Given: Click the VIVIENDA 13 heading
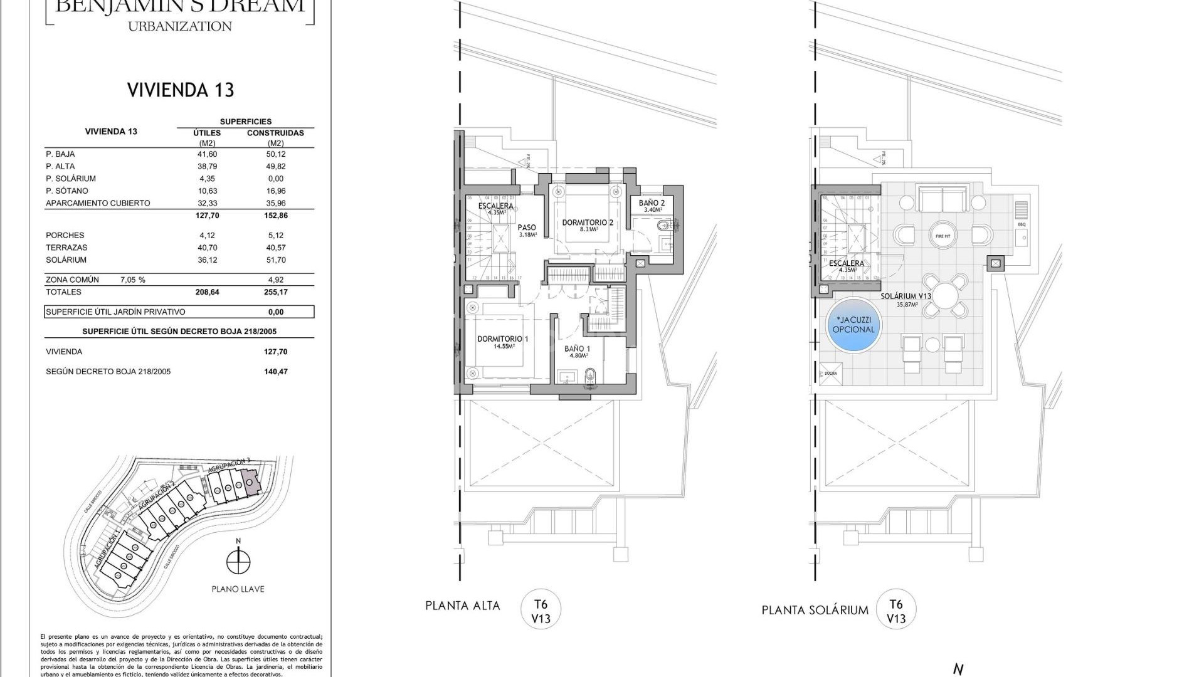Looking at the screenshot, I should [x=181, y=90].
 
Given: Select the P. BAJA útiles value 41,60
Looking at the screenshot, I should [x=206, y=154].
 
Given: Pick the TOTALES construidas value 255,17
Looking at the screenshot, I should [x=275, y=292].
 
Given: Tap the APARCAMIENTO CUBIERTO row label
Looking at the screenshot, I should [x=98, y=203].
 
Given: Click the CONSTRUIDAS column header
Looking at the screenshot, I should [x=275, y=133].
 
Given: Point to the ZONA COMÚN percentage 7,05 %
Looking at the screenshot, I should [x=132, y=280].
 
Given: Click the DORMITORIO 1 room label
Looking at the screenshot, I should [x=502, y=339].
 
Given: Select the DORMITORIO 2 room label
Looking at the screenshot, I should [x=587, y=223].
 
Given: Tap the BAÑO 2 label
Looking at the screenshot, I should [x=652, y=203].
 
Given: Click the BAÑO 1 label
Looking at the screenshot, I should [x=577, y=349].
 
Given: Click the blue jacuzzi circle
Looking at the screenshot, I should [x=853, y=325].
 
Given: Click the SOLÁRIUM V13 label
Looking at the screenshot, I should [x=906, y=297].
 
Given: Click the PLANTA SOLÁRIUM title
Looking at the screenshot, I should [x=815, y=610].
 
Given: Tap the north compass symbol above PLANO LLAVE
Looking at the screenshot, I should [x=237, y=560].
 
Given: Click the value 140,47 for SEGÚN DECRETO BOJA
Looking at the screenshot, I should [x=275, y=372].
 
